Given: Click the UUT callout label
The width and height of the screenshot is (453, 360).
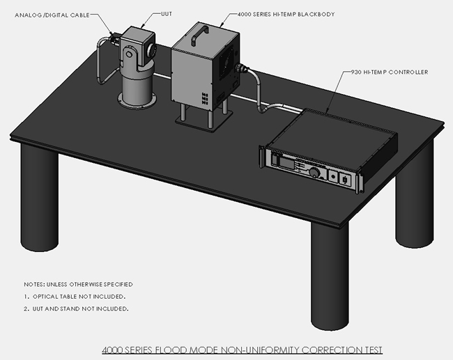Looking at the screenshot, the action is click(167, 14).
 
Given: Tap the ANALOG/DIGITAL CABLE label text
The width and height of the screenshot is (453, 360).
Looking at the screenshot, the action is click(52, 15).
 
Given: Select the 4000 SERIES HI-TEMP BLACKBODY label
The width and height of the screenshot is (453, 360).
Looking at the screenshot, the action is click(286, 14).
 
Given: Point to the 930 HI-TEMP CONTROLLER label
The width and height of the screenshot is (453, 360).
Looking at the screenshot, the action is click(390, 72).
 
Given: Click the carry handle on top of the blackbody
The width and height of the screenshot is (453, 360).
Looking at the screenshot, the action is click(199, 34).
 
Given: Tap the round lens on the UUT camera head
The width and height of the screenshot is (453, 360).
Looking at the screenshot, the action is click(152, 49).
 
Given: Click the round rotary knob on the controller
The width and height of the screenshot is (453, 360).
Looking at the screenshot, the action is click(314, 173).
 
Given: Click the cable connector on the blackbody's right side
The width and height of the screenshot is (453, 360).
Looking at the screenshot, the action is click(241, 69).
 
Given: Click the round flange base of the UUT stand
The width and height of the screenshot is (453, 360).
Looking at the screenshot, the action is click(137, 100).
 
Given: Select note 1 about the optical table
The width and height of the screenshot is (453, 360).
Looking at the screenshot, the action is click(75, 297).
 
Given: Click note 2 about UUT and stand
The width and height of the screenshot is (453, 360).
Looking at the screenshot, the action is click(76, 308).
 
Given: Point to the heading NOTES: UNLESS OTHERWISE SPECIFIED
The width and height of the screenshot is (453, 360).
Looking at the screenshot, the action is click(78, 284).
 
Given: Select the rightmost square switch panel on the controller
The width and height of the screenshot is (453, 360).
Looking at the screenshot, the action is click(345, 180).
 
